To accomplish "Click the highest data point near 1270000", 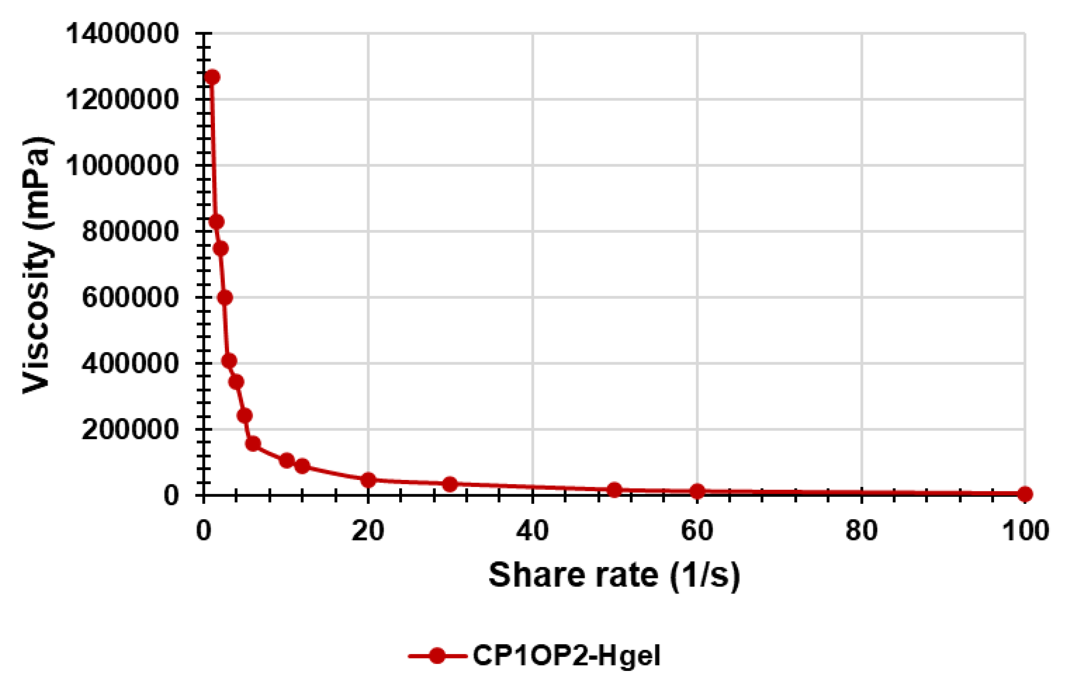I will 212,77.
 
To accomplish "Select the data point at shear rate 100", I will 1024,493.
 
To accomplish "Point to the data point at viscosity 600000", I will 225,297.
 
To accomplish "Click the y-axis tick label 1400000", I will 122,34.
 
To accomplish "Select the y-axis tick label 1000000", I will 122,166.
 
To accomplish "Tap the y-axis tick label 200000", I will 130,430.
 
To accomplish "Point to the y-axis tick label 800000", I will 130,232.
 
